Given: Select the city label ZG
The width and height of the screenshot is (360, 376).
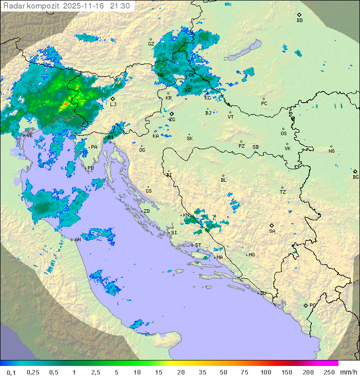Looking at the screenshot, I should pos(172,120).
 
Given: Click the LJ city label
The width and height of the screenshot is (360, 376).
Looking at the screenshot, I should pos(113,104).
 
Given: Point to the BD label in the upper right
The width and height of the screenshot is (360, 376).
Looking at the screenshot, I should pos(299,21).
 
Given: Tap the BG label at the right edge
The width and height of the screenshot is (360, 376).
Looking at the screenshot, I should pos(355,177).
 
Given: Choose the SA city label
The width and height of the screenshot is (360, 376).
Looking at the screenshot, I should pos(272,231).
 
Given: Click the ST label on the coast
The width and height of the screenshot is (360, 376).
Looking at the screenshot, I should pos(198,245).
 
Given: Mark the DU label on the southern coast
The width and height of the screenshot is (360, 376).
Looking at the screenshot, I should pos(262,293).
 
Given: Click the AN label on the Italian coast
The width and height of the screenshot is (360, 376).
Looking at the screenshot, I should pos(77,240).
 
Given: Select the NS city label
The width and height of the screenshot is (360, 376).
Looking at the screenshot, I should pos(331,151).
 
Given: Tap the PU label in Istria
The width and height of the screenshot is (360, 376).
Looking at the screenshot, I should pos(90,168).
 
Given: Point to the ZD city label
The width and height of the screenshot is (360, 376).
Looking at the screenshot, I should pos(146,211).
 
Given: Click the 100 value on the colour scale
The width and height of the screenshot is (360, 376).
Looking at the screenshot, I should pos(265,372).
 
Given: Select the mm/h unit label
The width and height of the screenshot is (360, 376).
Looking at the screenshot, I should pos(346,372).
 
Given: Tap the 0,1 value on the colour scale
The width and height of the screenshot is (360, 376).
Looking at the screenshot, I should pos(10,372).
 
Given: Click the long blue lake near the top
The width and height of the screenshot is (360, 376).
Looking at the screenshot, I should pos(242,50).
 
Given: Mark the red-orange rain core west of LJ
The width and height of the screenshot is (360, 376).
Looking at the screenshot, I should pos(65,105).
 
